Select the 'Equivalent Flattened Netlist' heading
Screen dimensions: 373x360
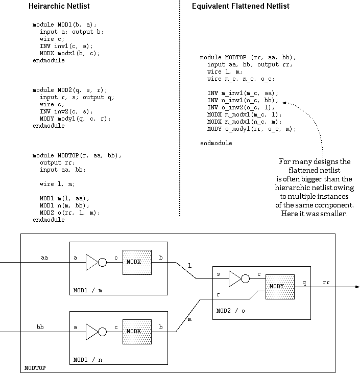click(x=241, y=6)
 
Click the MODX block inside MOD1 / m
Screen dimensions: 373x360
click(x=137, y=263)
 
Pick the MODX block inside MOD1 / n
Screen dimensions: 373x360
click(x=137, y=331)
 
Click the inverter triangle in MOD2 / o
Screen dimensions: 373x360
click(x=235, y=279)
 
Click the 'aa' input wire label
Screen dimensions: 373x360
click(x=44, y=257)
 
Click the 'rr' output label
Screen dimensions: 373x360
click(x=326, y=282)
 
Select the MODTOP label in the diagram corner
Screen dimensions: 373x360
click(x=35, y=368)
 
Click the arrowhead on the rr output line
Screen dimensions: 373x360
click(x=356, y=287)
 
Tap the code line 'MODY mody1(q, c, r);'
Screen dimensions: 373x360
click(x=75, y=119)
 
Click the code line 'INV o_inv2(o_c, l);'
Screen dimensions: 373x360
click(x=241, y=107)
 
